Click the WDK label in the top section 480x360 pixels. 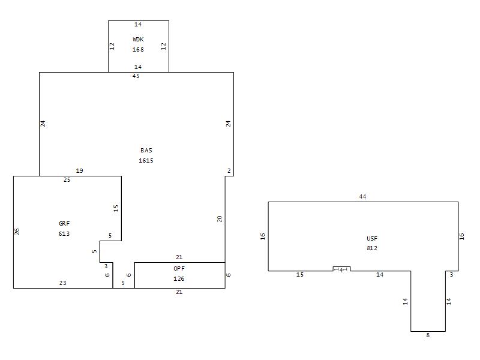pyautogui.click(x=138, y=39)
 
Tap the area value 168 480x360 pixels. pyautogui.click(x=138, y=49)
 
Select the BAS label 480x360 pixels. pyautogui.click(x=146, y=151)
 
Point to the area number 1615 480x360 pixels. pyautogui.click(x=146, y=160)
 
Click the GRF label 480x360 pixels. pyautogui.click(x=64, y=223)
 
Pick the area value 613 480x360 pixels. pyautogui.click(x=64, y=233)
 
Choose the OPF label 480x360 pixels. pyautogui.click(x=179, y=268)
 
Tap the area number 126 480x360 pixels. pyautogui.click(x=179, y=278)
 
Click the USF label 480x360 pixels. pyautogui.click(x=372, y=238)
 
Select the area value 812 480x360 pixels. pyautogui.click(x=372, y=248)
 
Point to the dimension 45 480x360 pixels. pyautogui.click(x=136, y=76)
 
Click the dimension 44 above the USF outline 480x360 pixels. pyautogui.click(x=362, y=197)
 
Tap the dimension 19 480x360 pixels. pyautogui.click(x=80, y=171)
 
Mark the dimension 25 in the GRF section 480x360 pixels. pyautogui.click(x=67, y=180)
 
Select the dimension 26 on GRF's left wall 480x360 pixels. pyautogui.click(x=17, y=232)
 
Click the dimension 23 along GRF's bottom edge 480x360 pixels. pyautogui.click(x=63, y=283)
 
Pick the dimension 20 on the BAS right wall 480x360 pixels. pyautogui.click(x=220, y=219)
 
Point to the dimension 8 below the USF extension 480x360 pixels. pyautogui.click(x=428, y=335)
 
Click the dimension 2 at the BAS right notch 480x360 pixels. pyautogui.click(x=229, y=171)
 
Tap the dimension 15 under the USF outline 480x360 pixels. pyautogui.click(x=300, y=275)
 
